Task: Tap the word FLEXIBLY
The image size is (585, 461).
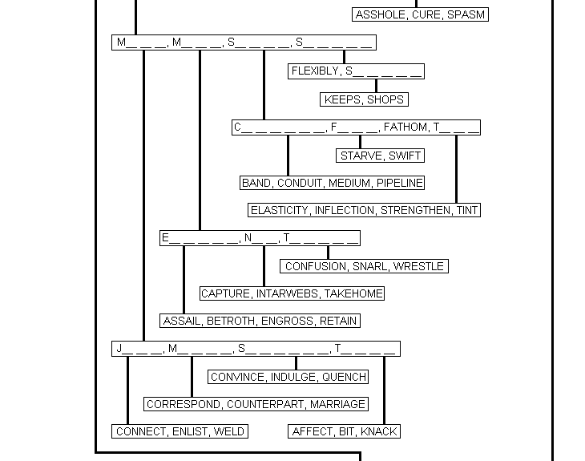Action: tap(315, 71)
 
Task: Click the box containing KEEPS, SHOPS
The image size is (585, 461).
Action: tap(364, 99)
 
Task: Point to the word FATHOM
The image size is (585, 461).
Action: tap(405, 127)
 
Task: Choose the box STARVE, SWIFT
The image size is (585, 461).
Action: tap(380, 156)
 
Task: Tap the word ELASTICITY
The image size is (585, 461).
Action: tap(279, 210)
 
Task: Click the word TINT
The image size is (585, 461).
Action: tap(466, 210)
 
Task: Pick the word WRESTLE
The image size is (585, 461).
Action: tap(418, 266)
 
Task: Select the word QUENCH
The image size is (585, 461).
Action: tap(345, 377)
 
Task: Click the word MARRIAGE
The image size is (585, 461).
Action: tap(337, 404)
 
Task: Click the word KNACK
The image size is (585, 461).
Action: tap(379, 431)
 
